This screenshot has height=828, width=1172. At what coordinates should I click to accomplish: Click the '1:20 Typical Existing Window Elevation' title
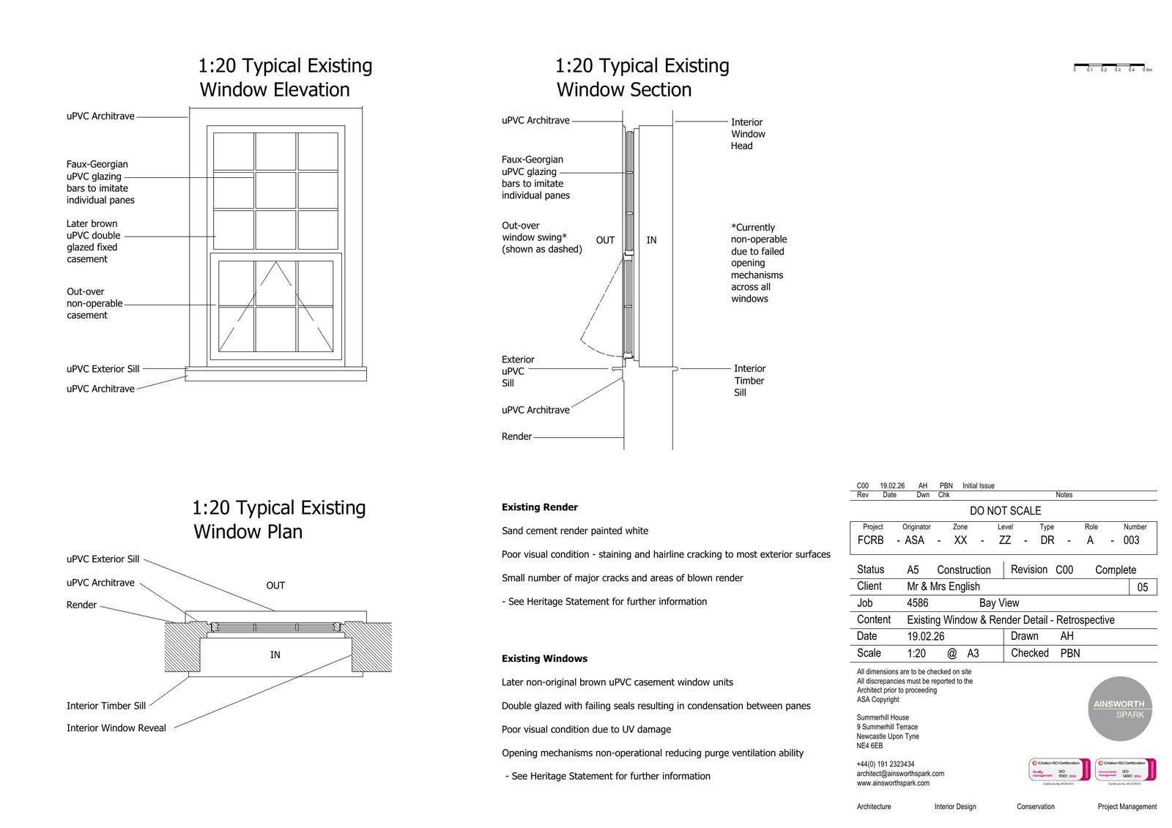285,78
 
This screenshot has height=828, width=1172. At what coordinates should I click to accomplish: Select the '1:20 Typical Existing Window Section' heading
642,78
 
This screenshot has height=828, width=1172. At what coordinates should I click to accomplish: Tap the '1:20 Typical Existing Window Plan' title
278,519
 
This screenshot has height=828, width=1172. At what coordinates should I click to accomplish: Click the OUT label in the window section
605,240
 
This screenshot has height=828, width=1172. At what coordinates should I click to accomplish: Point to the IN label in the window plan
275,654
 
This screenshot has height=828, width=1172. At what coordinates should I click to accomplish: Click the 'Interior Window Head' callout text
748,134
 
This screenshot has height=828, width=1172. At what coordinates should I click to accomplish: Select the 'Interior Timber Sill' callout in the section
749,381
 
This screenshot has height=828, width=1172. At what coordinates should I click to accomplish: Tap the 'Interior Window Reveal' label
116,728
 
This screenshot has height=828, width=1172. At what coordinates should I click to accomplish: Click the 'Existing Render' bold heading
540,507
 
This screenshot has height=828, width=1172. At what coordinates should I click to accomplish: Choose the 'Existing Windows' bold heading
544,659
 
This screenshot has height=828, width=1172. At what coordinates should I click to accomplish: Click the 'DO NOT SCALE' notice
1005,511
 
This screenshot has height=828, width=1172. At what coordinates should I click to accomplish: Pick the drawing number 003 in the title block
1131,540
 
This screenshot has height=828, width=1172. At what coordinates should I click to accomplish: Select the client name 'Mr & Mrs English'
943,586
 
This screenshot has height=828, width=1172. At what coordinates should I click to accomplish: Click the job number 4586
917,603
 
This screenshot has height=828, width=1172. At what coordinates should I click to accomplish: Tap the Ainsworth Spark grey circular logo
1119,709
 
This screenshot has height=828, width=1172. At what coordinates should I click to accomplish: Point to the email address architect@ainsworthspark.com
900,774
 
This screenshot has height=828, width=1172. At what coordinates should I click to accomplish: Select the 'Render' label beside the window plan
81,605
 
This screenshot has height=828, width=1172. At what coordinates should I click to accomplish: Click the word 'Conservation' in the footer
1036,807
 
